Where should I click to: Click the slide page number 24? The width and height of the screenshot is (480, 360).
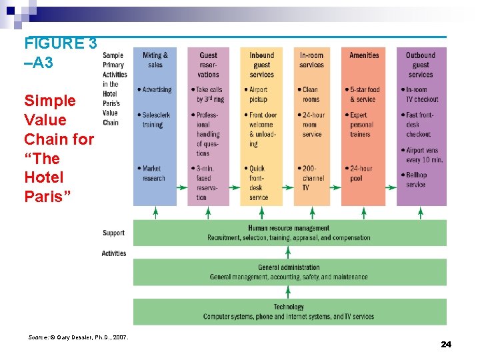pyautogui.click(x=446, y=344)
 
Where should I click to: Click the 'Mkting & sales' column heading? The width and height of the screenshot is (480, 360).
pyautogui.click(x=155, y=60)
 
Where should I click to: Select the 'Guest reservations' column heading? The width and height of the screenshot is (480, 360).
pyautogui.click(x=208, y=65)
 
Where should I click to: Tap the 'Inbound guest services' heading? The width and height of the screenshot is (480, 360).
pyautogui.click(x=261, y=65)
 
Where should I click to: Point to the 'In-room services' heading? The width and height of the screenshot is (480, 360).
pyautogui.click(x=311, y=60)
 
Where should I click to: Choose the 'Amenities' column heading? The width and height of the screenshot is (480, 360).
pyautogui.click(x=364, y=55)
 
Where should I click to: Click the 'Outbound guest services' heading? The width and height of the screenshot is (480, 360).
pyautogui.click(x=421, y=65)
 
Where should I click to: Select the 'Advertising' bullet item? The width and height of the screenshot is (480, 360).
pyautogui.click(x=156, y=89)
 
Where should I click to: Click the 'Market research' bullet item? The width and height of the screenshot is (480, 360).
pyautogui.click(x=153, y=173)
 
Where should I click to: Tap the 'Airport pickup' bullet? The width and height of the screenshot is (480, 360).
pyautogui.click(x=259, y=94)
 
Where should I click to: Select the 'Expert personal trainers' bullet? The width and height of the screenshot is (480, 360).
pyautogui.click(x=362, y=125)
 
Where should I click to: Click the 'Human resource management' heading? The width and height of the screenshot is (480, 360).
pyautogui.click(x=288, y=229)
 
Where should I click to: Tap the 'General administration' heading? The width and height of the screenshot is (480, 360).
pyautogui.click(x=289, y=267)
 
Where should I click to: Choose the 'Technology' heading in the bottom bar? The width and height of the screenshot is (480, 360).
pyautogui.click(x=289, y=307)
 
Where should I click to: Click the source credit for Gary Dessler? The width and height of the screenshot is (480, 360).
pyautogui.click(x=79, y=337)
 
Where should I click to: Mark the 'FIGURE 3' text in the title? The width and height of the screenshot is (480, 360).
pyautogui.click(x=61, y=44)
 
